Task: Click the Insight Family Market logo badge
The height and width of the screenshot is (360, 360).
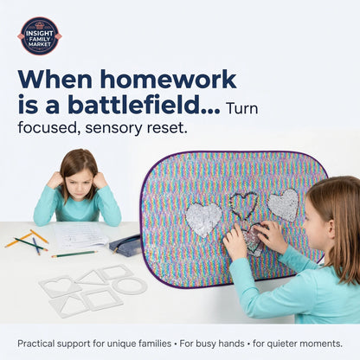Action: point(40,36)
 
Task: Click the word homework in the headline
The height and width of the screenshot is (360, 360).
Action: point(168,80)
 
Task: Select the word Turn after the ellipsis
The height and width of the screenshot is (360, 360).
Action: point(242,108)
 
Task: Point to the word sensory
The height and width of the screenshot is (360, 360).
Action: point(113,128)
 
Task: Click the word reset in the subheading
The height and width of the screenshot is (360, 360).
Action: point(165,127)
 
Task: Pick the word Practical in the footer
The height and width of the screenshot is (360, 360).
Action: point(36,344)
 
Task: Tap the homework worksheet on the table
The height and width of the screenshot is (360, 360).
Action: point(80,235)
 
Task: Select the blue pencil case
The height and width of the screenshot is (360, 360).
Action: point(126,244)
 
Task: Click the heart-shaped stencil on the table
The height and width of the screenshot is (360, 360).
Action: point(60,286)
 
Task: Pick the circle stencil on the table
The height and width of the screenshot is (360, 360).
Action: point(130,286)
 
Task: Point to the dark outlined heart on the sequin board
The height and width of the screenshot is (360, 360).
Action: point(244,205)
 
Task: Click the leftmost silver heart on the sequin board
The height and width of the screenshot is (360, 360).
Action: point(203,218)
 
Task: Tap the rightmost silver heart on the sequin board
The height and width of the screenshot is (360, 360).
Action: point(283,204)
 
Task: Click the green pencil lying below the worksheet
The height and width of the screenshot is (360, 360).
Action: point(74,254)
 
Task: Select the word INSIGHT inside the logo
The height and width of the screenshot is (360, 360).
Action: point(40,34)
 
